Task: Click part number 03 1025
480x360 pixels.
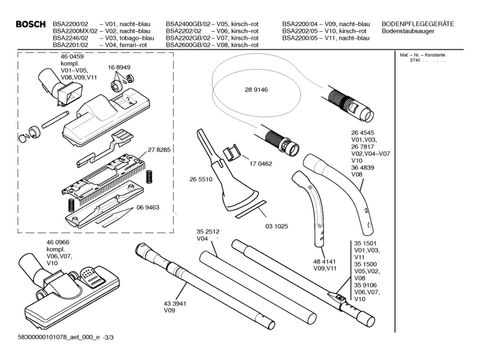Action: point(277,226)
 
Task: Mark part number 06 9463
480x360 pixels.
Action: point(147,207)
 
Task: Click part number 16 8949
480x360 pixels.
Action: point(120,67)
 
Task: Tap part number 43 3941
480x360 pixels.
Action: point(176,303)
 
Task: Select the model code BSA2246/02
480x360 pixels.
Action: point(70,37)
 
